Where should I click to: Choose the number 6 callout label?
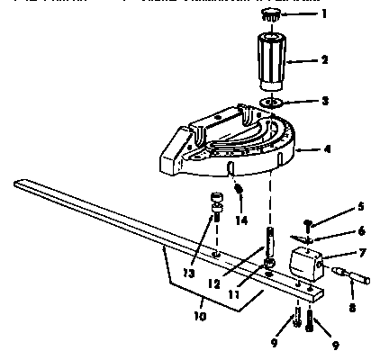(x=337, y=229)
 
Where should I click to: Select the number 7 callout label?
(x=337, y=255)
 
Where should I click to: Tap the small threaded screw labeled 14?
(x=240, y=192)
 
